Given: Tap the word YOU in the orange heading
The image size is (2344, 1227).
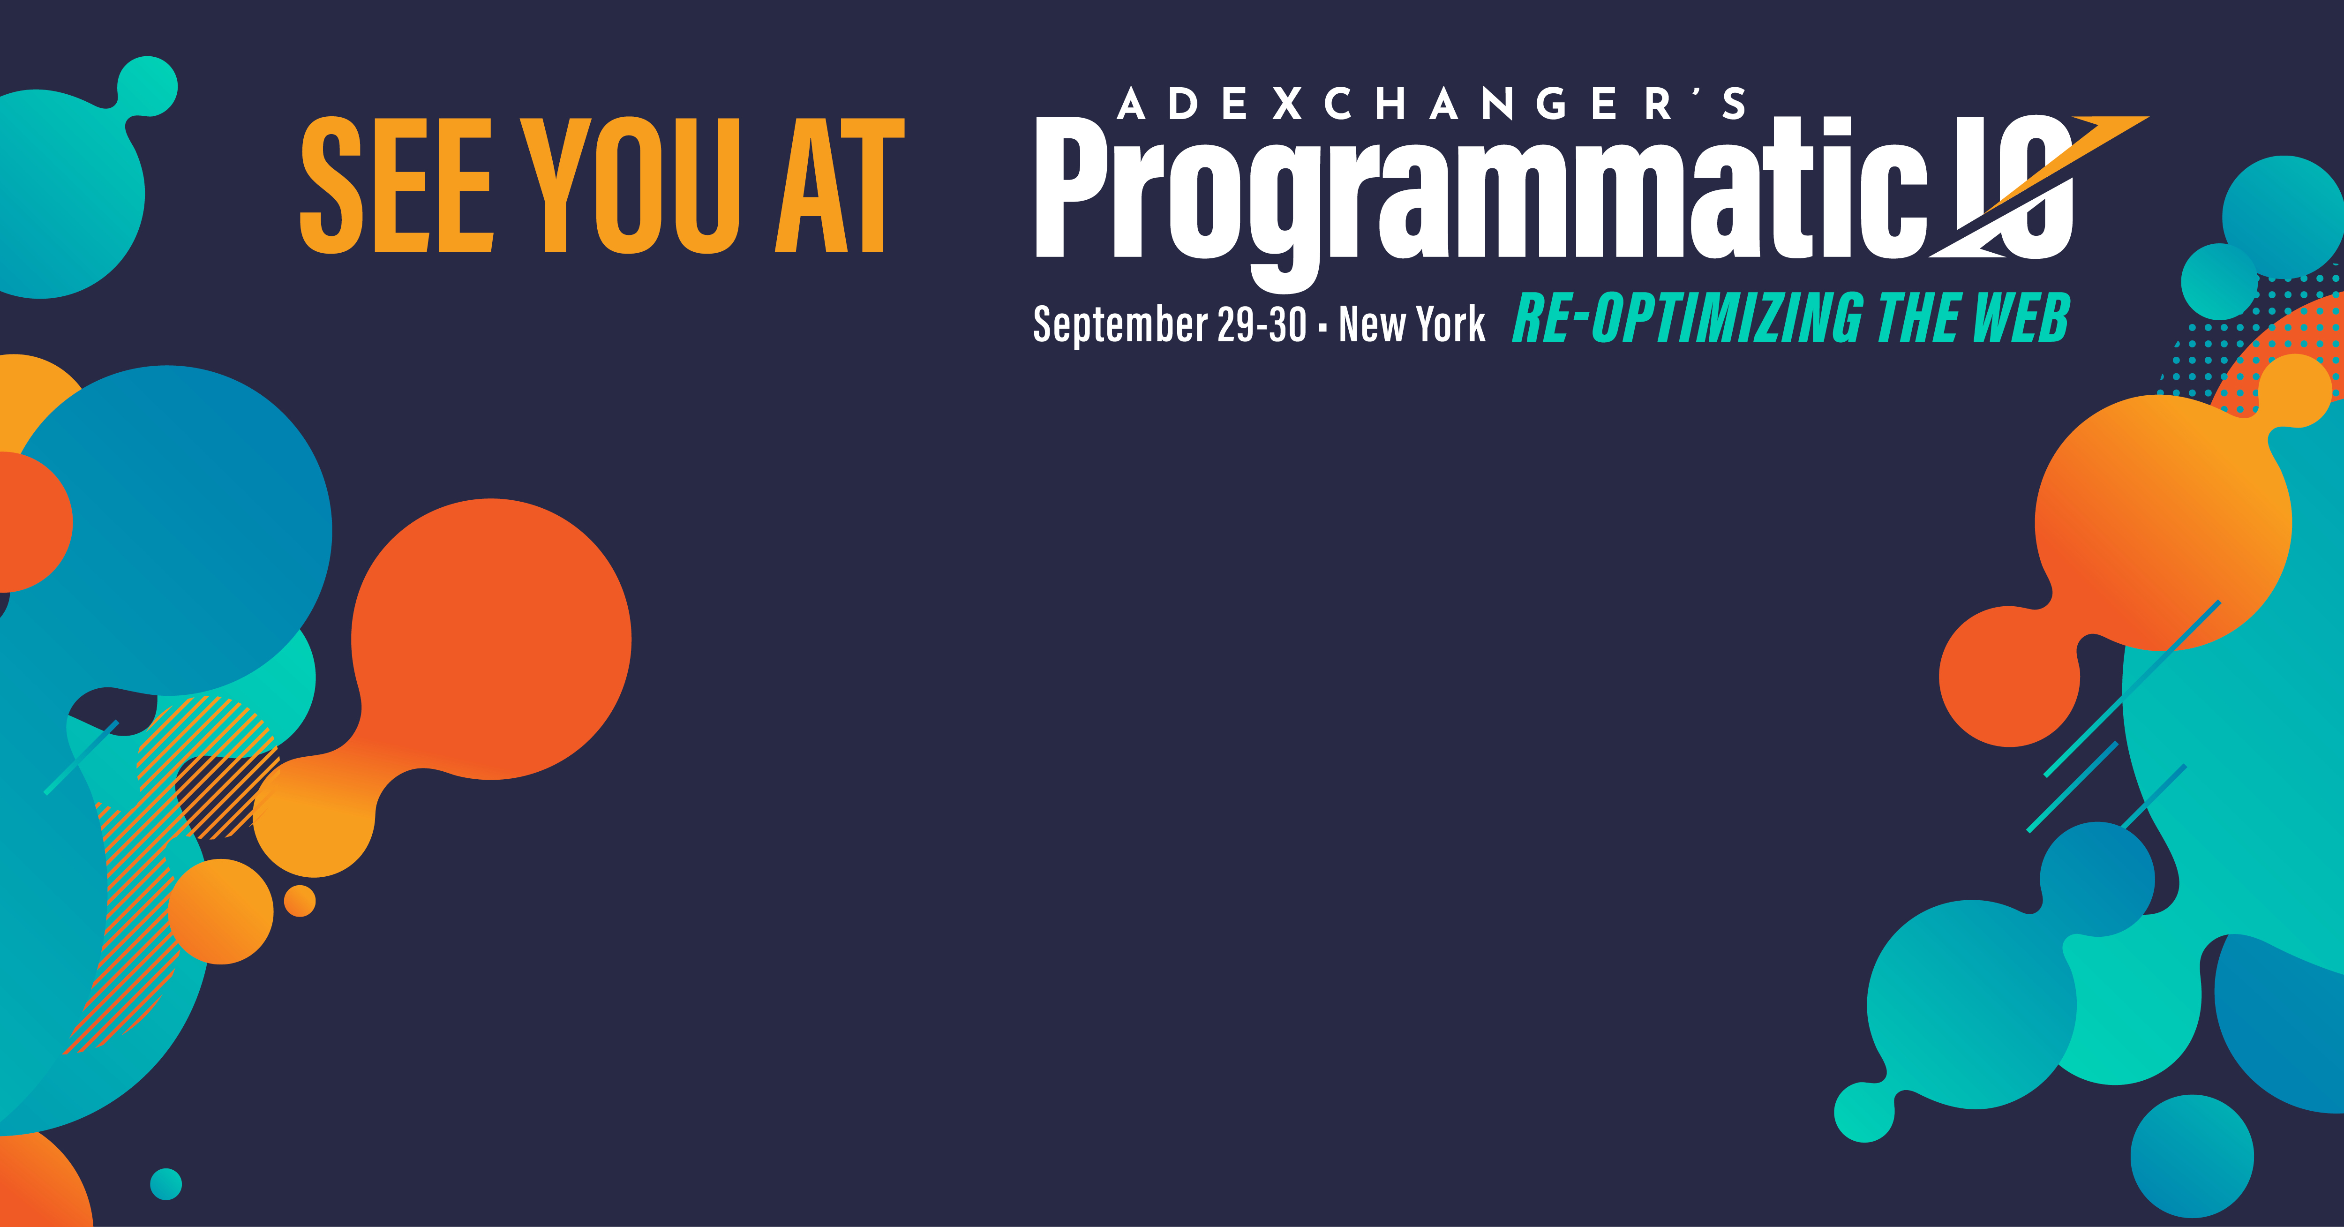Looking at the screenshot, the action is pyautogui.click(x=630, y=185).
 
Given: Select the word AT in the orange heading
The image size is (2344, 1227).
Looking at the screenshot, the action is pyautogui.click(x=839, y=185).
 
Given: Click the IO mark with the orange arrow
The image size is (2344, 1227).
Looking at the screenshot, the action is pyautogui.click(x=2038, y=187).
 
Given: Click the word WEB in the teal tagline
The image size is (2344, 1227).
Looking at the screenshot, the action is pyautogui.click(x=2022, y=318).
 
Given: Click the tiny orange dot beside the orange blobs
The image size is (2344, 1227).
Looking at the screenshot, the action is pyautogui.click(x=300, y=901).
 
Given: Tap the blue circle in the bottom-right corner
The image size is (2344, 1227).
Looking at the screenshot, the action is pyautogui.click(x=2192, y=1156).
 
